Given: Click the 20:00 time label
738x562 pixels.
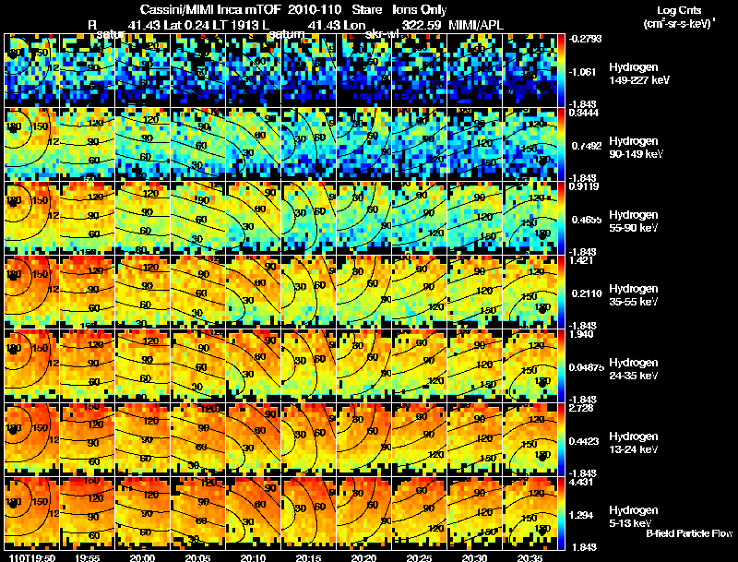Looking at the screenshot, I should (x=143, y=557).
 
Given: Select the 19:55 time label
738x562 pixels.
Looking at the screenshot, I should (x=88, y=557).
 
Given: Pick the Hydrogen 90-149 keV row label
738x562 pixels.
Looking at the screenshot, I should (x=633, y=147).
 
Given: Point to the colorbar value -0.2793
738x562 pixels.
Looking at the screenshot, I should (x=587, y=38).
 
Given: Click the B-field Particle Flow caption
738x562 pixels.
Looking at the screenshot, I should (x=688, y=533).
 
